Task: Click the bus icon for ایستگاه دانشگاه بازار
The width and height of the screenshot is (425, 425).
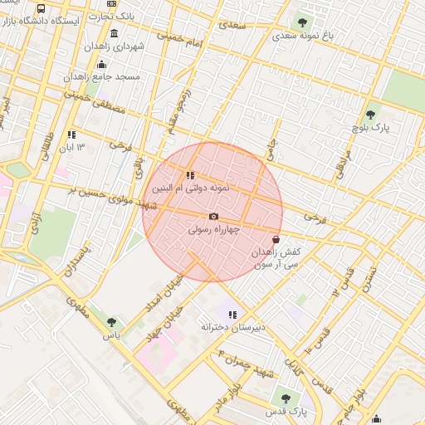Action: pos(42,8)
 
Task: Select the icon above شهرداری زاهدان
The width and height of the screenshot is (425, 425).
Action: pos(114,33)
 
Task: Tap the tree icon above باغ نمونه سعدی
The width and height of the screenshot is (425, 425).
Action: pos(301,22)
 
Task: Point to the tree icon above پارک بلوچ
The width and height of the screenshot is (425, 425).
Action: pos(370,115)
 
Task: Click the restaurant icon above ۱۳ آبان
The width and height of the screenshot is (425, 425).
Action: pos(72,134)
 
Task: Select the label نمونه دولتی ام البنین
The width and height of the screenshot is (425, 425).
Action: pos(204,188)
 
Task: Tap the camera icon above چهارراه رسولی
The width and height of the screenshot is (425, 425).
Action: pos(213,217)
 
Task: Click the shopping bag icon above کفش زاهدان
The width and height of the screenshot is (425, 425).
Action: pos(276,239)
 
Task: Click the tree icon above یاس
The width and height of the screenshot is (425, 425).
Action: pos(111,322)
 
